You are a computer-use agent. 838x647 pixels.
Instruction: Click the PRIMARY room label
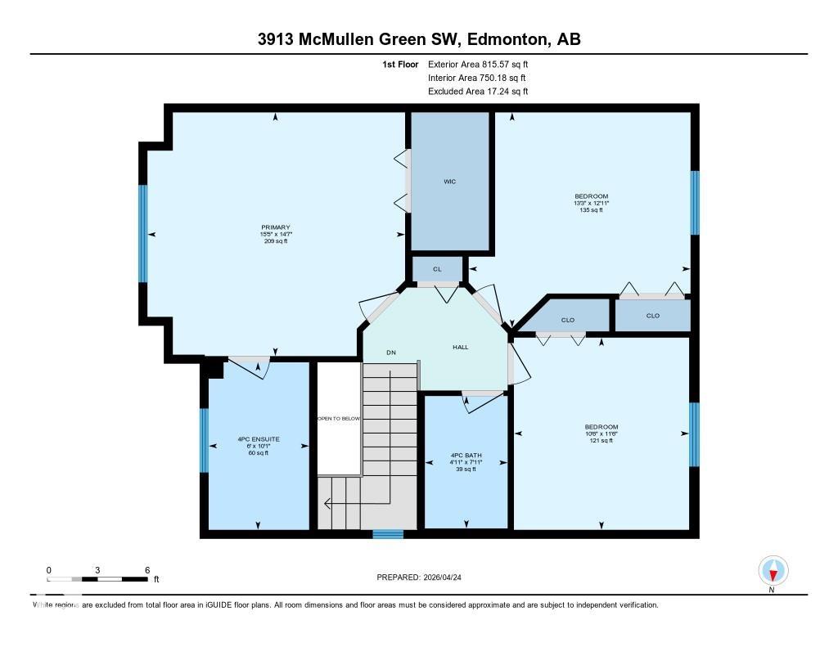276,227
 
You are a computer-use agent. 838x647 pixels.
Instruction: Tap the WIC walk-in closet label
449,182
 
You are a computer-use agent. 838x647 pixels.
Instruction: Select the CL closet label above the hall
437,269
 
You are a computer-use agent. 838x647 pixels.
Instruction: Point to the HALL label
461,348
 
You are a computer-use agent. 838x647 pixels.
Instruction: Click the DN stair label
391,353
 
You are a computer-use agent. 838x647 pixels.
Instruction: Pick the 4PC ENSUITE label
259,439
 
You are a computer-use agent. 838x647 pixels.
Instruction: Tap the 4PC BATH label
466,455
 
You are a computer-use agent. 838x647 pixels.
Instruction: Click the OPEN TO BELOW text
339,418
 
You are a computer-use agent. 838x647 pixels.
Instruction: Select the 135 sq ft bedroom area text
591,210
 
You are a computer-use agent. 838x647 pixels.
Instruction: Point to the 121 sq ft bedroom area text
601,441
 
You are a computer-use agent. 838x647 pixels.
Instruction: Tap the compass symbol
773,570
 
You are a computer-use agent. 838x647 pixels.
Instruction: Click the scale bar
98,578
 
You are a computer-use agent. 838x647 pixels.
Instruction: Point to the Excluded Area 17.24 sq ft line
478,92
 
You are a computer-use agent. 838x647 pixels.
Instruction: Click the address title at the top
419,39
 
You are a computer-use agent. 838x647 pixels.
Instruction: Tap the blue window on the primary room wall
143,233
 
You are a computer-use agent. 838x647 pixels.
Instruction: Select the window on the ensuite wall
205,440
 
